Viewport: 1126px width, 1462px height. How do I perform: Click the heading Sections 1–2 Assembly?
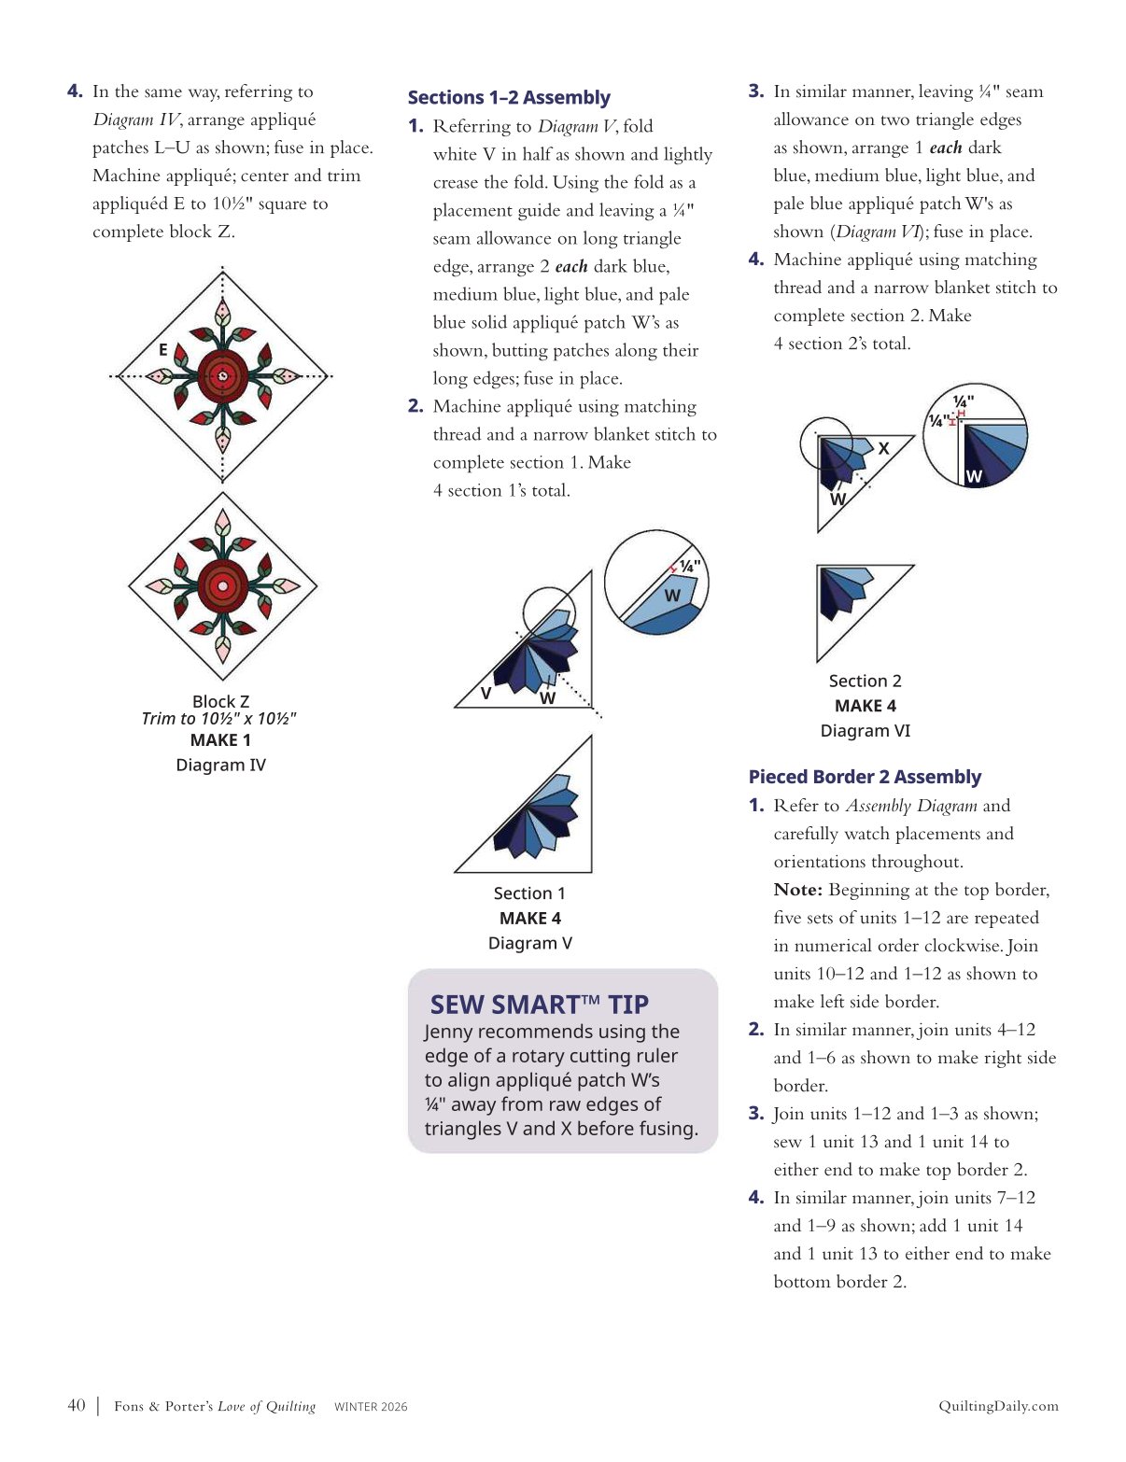point(509,98)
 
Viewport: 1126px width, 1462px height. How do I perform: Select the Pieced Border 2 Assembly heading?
point(865,777)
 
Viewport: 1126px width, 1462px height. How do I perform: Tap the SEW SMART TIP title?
point(539,1005)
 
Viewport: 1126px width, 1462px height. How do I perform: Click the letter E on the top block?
point(163,350)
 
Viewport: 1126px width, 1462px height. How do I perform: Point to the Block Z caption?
point(220,701)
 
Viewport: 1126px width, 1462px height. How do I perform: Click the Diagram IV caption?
point(220,765)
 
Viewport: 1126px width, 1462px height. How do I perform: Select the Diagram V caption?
point(529,943)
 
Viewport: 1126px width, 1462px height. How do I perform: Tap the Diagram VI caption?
point(865,730)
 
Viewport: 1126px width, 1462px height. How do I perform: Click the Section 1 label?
point(529,893)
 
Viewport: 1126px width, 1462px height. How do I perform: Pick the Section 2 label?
point(865,681)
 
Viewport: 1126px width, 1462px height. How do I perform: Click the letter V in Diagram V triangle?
point(486,693)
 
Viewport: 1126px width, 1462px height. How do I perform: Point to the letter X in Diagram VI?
point(883,449)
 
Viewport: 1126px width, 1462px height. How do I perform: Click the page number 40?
point(77,1405)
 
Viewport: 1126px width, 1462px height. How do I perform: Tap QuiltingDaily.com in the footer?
point(998,1406)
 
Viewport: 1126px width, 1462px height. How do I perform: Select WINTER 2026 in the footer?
point(371,1407)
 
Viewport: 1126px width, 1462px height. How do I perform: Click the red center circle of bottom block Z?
point(222,586)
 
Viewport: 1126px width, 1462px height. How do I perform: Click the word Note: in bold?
point(797,890)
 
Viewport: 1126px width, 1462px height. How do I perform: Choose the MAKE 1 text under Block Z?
point(220,740)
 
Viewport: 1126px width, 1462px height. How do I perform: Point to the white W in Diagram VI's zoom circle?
point(974,476)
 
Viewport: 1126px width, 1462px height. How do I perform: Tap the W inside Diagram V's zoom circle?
point(672,596)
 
